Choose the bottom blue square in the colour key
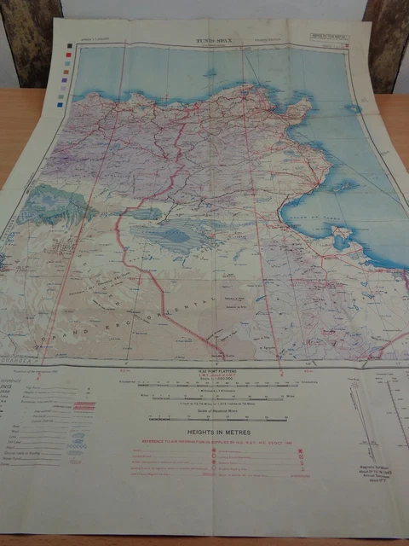click(x=60, y=105)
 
